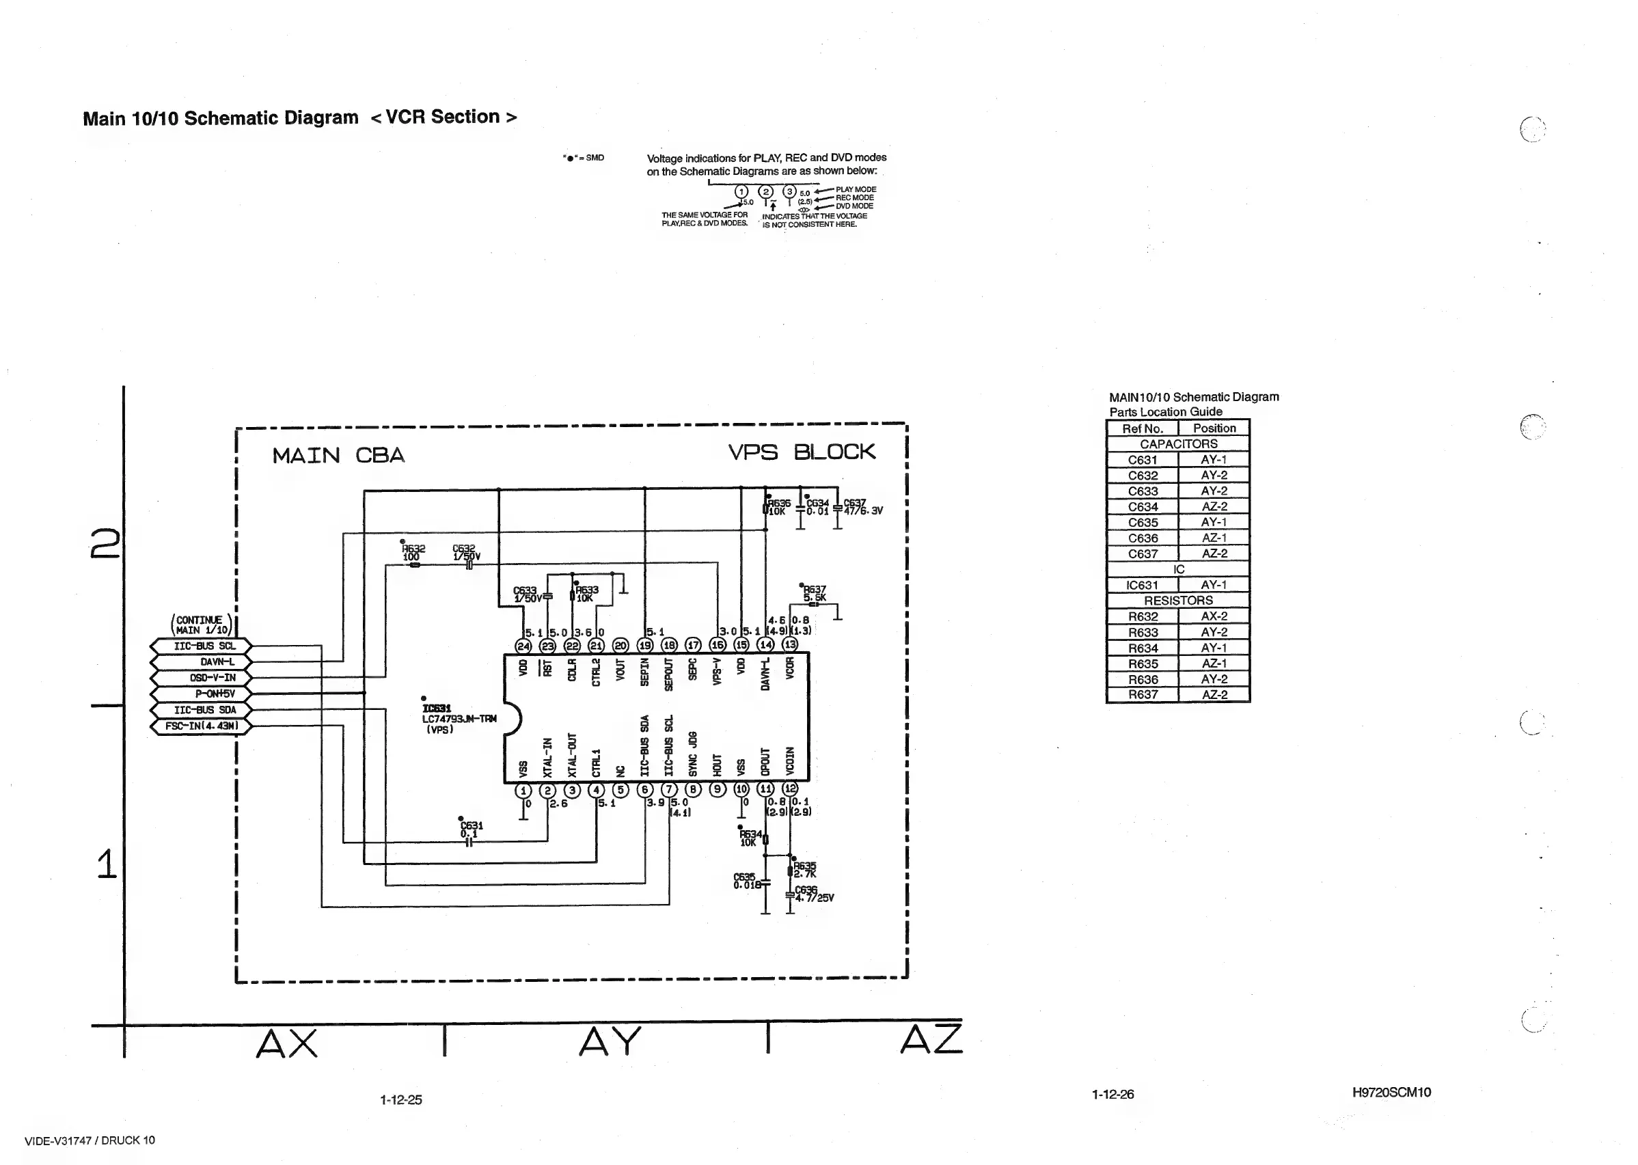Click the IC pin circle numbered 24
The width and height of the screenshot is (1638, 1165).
coord(523,645)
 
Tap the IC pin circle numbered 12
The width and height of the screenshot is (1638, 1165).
coord(790,789)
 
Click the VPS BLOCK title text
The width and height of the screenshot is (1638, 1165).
coord(802,452)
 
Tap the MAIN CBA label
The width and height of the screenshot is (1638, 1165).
coord(338,456)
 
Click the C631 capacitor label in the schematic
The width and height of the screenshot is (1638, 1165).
coord(472,825)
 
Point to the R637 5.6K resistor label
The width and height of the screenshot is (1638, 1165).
coord(815,593)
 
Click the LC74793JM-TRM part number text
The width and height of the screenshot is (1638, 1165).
coord(459,719)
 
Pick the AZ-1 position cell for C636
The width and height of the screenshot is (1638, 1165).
coord(1213,538)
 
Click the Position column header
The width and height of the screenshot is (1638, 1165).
coord(1214,428)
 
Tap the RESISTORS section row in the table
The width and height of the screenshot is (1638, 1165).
coord(1178,601)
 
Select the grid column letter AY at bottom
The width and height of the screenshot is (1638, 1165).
coord(609,1041)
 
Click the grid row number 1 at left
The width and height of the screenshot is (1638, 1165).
coord(106,864)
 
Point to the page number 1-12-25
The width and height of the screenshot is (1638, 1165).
coord(401,1099)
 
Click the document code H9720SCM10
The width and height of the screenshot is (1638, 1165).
coord(1391,1093)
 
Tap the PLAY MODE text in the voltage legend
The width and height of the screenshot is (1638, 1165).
coord(856,189)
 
